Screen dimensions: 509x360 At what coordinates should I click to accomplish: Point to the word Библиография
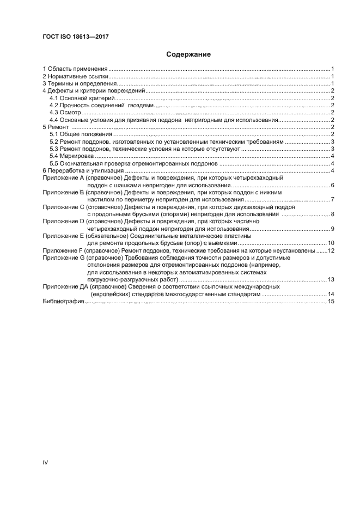coord(63,302)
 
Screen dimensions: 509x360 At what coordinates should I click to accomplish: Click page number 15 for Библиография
coord(331,302)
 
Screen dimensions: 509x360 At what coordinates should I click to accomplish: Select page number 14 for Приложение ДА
coord(331,294)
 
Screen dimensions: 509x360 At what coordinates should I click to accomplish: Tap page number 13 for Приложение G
coord(331,279)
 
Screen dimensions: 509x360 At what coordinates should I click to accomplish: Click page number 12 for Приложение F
coord(331,250)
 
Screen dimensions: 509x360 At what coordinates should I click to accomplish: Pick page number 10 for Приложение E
coord(331,243)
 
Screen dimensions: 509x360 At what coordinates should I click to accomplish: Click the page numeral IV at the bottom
coord(45,462)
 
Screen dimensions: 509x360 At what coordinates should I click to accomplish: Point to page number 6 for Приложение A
coord(332,186)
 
